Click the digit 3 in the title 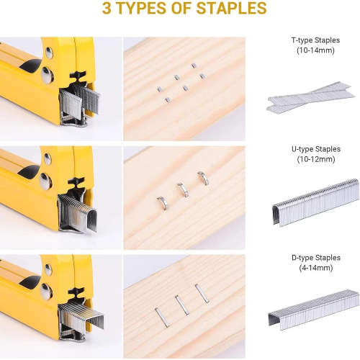[x=107, y=9]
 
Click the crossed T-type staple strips [x=310, y=97]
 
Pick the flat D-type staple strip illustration [x=313, y=310]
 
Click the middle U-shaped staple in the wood [x=183, y=189]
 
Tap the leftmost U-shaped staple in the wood [x=162, y=203]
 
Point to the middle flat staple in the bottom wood [x=182, y=303]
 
